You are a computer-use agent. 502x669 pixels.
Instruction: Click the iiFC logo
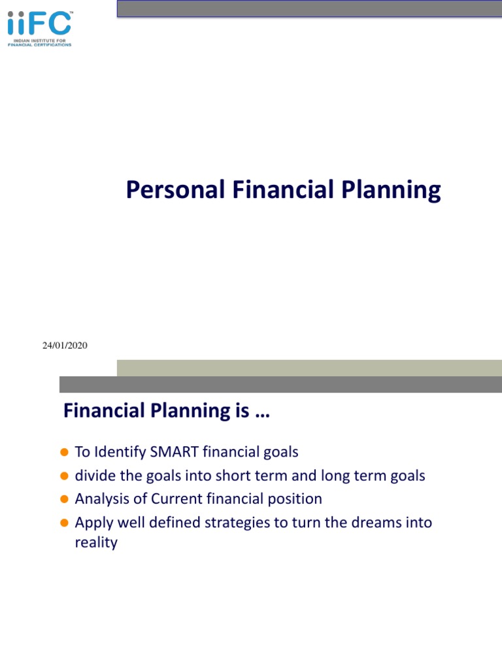40,29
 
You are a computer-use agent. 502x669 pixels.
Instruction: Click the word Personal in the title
175,189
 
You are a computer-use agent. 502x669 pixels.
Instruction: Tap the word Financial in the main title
283,189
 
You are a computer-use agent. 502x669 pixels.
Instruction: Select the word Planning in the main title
391,190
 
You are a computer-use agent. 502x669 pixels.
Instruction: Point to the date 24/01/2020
65,345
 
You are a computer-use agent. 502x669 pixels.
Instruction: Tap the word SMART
174,452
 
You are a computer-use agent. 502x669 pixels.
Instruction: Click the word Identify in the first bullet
120,452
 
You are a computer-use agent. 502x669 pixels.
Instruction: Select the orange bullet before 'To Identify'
65,452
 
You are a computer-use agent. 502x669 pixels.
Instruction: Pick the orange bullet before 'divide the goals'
65,476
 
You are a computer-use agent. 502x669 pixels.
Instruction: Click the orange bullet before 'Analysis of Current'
65,498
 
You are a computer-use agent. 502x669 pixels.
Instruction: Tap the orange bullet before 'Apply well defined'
65,523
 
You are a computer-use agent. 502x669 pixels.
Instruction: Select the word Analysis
102,499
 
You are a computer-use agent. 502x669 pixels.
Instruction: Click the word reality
96,543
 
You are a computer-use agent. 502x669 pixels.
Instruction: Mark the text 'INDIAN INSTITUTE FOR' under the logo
40,41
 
